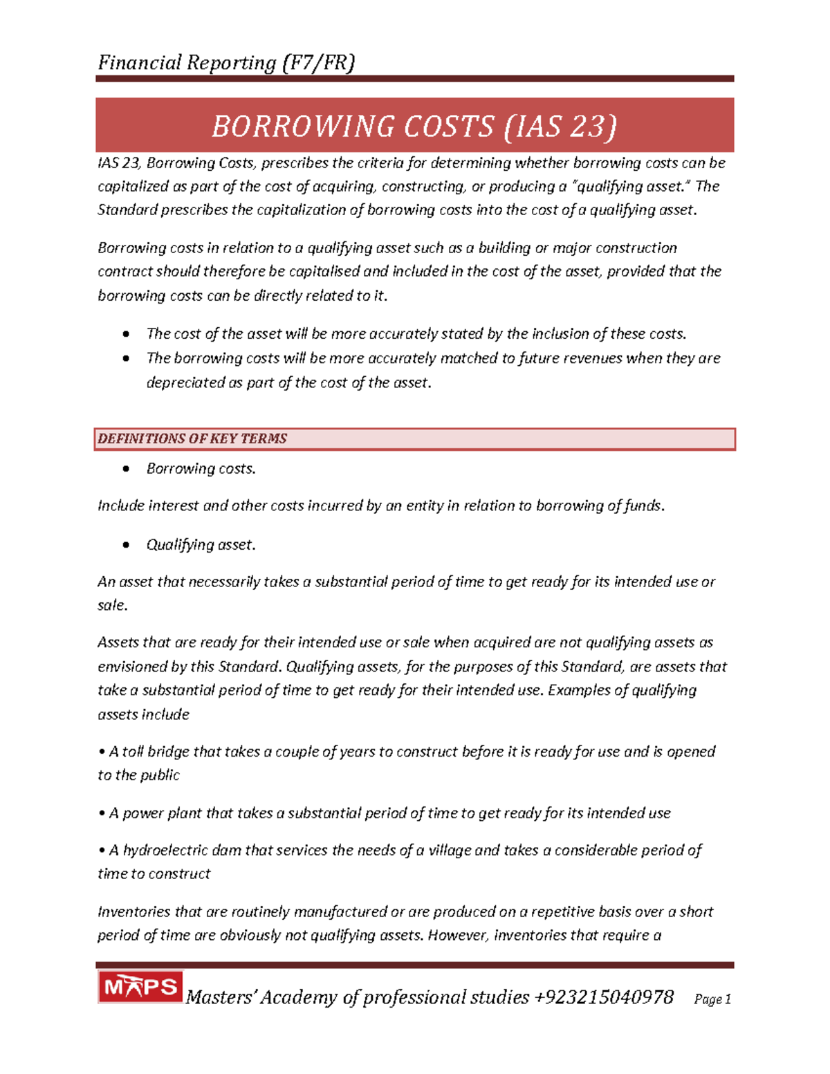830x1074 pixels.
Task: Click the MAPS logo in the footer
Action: tap(140, 987)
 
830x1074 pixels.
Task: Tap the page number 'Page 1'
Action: tap(712, 999)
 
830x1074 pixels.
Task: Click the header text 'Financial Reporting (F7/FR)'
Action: tap(226, 63)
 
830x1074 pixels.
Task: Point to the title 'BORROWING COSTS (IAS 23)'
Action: tap(414, 127)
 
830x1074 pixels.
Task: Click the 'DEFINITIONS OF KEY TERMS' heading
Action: tap(192, 439)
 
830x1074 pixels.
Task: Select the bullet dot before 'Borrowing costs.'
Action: tap(126, 469)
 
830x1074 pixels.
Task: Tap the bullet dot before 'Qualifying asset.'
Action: tap(126, 545)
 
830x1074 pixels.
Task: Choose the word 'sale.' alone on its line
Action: tap(113, 605)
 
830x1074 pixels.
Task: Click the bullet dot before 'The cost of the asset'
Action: tap(126, 335)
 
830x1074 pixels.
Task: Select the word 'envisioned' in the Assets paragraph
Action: tap(132, 667)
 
